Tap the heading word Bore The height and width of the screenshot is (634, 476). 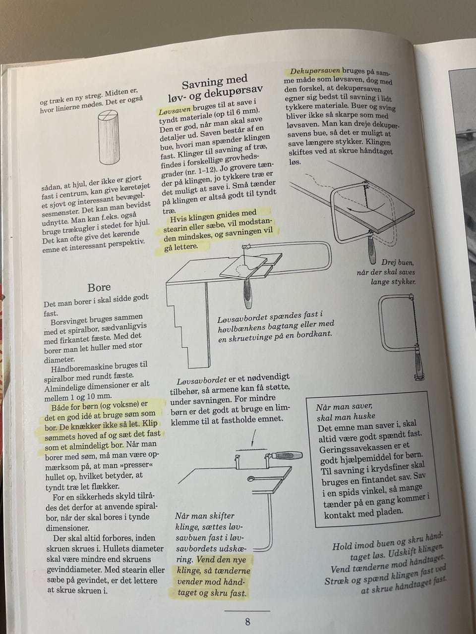click(x=99, y=287)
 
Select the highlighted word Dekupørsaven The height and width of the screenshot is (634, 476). click(x=315, y=70)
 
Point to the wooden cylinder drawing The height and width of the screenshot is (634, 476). click(x=109, y=137)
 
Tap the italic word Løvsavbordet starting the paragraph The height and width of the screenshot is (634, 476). click(x=201, y=381)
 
